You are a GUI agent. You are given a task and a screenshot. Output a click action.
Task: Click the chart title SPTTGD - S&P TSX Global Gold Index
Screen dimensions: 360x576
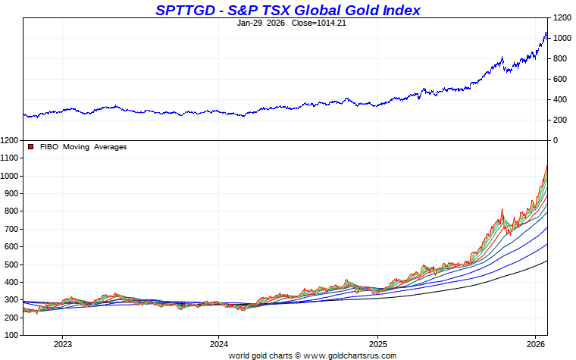point(287,10)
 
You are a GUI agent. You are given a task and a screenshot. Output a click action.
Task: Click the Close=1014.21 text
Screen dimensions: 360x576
point(310,23)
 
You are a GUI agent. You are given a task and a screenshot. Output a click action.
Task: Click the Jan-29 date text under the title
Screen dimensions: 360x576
point(252,23)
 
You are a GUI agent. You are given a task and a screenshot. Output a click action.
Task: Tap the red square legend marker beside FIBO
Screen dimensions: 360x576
point(31,147)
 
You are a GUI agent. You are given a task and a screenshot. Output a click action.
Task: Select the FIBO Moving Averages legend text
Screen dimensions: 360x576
point(83,147)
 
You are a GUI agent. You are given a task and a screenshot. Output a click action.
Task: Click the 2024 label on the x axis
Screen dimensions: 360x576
point(219,343)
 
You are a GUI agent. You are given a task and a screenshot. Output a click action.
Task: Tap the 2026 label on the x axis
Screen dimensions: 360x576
point(535,343)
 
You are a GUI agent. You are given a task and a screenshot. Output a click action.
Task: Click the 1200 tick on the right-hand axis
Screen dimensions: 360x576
point(562,17)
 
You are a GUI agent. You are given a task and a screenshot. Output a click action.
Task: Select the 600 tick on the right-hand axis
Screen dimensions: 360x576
point(559,79)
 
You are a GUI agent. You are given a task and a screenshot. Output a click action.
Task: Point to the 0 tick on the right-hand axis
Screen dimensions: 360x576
point(555,141)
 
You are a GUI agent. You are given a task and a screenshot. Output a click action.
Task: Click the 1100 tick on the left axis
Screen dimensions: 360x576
point(10,158)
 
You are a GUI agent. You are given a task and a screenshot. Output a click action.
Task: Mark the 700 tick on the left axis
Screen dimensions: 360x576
point(12,229)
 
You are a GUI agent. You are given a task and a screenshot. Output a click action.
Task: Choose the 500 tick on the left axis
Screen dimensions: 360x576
point(12,265)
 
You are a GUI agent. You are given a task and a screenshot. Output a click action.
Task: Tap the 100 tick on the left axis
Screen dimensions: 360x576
point(12,335)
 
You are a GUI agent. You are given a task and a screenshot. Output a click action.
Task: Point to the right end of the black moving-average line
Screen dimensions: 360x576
point(547,261)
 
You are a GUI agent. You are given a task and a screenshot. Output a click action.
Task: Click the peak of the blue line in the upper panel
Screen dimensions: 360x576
point(546,33)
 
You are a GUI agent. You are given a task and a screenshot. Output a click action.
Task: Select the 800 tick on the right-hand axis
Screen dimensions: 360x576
point(559,58)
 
